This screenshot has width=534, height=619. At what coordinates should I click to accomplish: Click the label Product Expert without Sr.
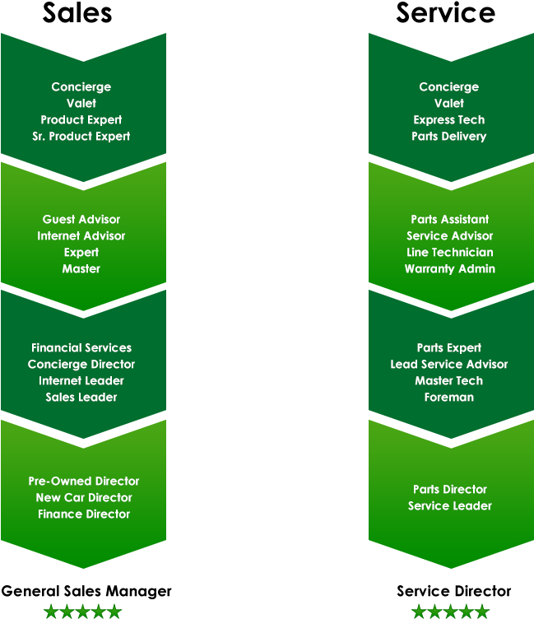(x=81, y=120)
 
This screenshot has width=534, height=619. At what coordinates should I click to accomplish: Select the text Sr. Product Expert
(x=81, y=137)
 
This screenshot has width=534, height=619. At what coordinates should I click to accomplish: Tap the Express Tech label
(x=449, y=120)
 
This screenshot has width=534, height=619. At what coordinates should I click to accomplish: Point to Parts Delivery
(x=449, y=137)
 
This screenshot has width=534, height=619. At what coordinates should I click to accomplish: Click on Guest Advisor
(x=81, y=220)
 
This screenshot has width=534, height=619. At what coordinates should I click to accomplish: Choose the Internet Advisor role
(x=81, y=236)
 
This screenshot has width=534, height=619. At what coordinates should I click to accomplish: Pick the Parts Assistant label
(x=449, y=220)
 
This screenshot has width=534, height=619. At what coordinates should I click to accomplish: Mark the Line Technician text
(x=449, y=253)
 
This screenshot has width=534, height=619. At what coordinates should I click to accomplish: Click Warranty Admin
(x=449, y=269)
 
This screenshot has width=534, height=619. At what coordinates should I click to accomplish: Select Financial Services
(x=81, y=348)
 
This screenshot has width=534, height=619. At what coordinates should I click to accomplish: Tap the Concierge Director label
(x=81, y=365)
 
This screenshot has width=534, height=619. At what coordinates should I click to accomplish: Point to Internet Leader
(x=81, y=381)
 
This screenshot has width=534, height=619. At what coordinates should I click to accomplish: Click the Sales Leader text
(x=81, y=398)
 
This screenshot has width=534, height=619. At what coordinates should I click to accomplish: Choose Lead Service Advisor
(x=449, y=365)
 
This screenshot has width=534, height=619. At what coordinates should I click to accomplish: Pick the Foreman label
(x=449, y=398)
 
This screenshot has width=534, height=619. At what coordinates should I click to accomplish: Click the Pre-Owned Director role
(x=84, y=482)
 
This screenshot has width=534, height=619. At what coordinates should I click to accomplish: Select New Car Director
(x=84, y=498)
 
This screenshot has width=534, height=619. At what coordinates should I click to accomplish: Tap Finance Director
(x=84, y=514)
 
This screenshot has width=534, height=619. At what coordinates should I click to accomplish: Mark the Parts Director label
(x=449, y=490)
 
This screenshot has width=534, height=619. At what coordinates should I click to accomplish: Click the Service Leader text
(x=449, y=506)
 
